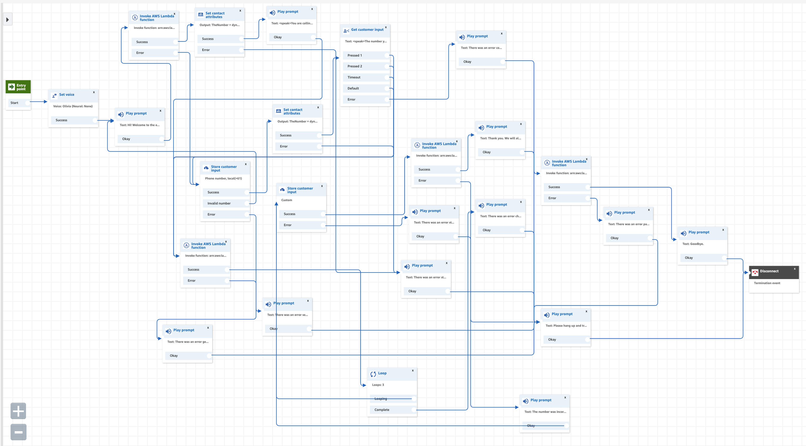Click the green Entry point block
[18, 87]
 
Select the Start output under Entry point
[14, 103]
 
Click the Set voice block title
[67, 95]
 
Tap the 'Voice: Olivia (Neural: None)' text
[73, 106]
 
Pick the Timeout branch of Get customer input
[354, 77]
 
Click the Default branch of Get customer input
[353, 89]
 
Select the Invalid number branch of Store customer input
[219, 203]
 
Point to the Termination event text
[767, 283]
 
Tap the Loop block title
[382, 373]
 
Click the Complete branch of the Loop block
[382, 410]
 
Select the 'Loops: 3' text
[378, 385]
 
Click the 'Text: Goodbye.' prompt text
[693, 244]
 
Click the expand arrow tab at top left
[7, 19]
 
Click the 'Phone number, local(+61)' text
[223, 178]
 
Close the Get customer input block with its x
[386, 27]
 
